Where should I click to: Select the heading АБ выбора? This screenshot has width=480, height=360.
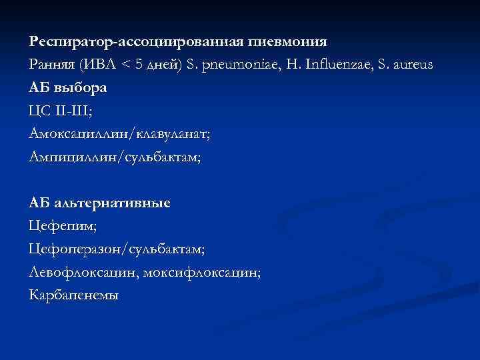pyautogui.click(x=69, y=87)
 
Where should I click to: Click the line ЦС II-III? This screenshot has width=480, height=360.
pyautogui.click(x=61, y=110)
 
